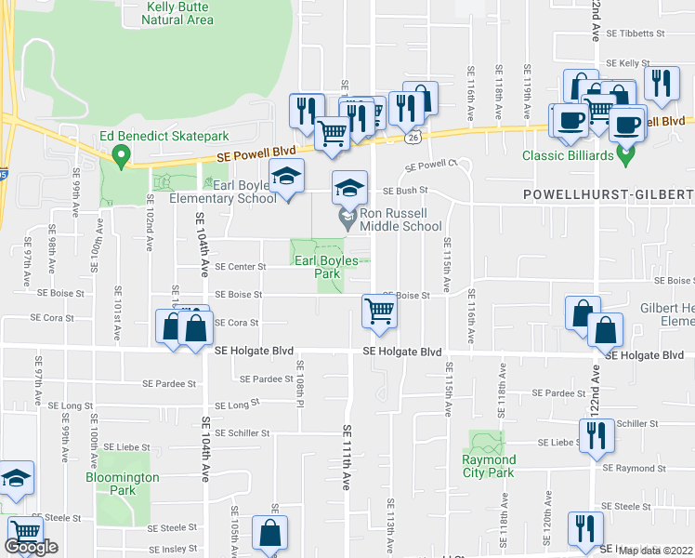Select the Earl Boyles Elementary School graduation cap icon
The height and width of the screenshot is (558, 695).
[287, 177]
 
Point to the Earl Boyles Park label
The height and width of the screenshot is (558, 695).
[326, 267]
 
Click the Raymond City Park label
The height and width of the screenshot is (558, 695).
[489, 466]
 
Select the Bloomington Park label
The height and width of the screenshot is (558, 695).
[127, 484]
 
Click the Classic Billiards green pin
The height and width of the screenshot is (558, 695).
[626, 154]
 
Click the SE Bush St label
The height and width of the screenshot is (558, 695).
[404, 191]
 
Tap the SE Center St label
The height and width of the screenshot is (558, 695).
[240, 266]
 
